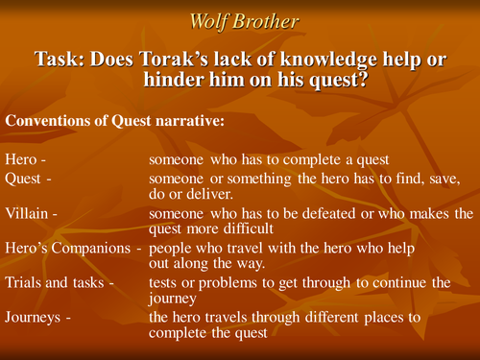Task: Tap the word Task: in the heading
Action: point(60,59)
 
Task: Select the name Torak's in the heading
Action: point(170,59)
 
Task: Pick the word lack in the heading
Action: point(229,59)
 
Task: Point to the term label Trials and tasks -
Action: point(59,284)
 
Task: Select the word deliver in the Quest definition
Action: point(210,195)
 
